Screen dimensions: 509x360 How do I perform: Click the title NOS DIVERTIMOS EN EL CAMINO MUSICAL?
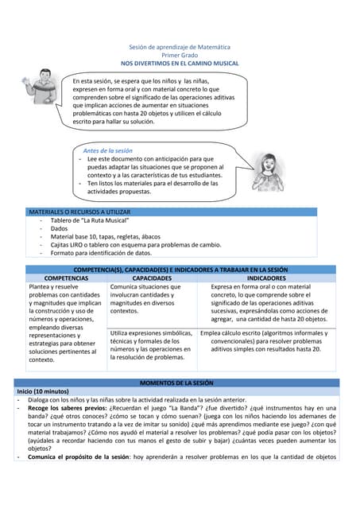pos(179,63)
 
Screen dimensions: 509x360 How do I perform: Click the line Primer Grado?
pos(179,55)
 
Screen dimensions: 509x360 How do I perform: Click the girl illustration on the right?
pos(268,171)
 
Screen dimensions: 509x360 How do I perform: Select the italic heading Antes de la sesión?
pos(107,150)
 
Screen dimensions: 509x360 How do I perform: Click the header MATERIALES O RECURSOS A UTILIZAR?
pos(79,212)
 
